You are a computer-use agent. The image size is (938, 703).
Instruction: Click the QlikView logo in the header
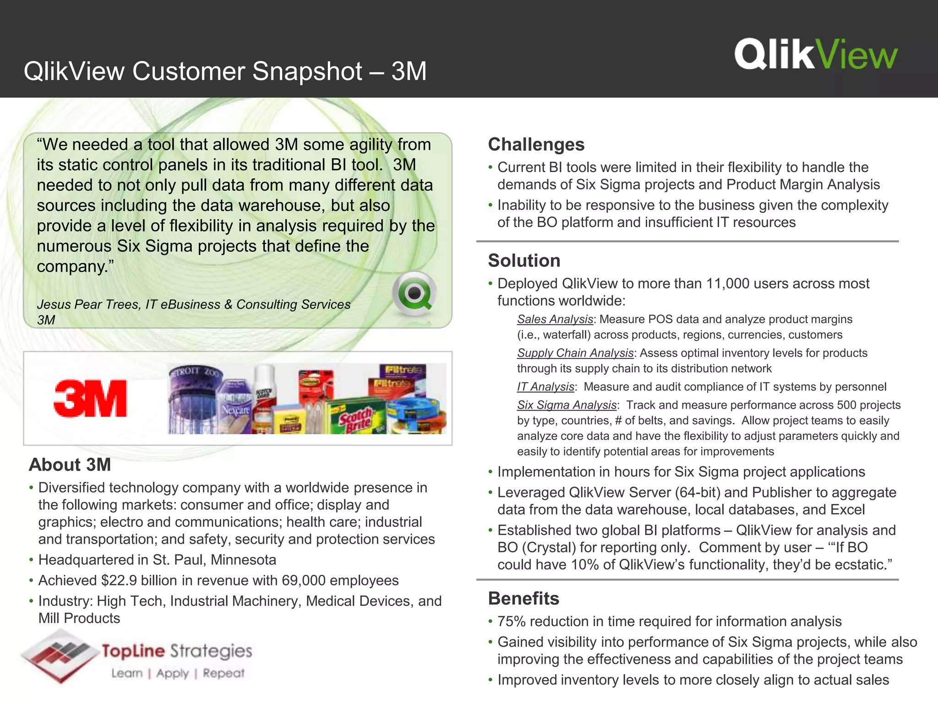click(x=816, y=54)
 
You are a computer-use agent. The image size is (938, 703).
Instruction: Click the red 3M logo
click(x=90, y=398)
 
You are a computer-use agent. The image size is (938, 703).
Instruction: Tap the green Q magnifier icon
click(x=414, y=293)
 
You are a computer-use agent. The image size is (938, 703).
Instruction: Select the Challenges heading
click(x=536, y=145)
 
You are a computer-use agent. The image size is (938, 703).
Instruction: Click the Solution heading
click(x=524, y=260)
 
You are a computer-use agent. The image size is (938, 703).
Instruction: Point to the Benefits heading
click(x=524, y=598)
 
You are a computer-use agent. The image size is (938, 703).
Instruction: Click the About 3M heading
click(x=70, y=465)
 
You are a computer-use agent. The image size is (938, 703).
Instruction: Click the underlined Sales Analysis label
click(x=555, y=319)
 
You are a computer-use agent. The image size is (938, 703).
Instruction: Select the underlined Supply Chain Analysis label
click(x=575, y=353)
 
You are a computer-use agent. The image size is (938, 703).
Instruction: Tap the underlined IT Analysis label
click(x=545, y=387)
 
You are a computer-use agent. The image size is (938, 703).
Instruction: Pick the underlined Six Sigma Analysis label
click(x=567, y=405)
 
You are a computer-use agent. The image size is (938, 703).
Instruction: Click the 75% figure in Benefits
click(x=511, y=622)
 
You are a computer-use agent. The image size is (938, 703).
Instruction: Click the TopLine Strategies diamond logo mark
click(x=60, y=655)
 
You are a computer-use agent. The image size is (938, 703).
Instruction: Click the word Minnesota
click(x=243, y=560)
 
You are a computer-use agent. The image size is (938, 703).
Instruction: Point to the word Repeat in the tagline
click(x=224, y=673)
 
